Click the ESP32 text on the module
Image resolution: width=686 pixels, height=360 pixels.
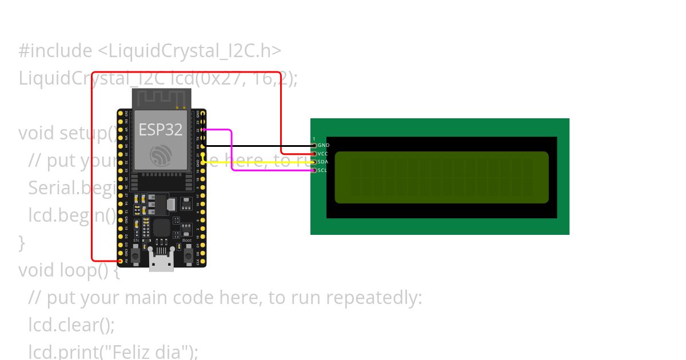tap(161, 130)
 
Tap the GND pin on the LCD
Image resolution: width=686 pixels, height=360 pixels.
tap(314, 146)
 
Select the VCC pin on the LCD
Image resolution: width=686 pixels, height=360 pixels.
tap(314, 154)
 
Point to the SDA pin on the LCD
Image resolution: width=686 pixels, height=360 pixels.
tap(314, 162)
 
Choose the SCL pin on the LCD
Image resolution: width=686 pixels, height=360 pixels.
tap(314, 170)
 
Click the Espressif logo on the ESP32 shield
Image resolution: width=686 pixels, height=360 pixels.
tap(161, 155)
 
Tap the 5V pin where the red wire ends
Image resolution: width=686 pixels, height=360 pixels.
tap(121, 261)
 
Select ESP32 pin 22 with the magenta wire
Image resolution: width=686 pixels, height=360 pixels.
tap(203, 130)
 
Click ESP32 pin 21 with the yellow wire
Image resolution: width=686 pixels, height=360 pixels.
tap(203, 154)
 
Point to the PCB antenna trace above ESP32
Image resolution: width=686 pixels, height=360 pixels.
tap(161, 98)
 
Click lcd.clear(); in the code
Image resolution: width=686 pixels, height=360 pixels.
tap(71, 325)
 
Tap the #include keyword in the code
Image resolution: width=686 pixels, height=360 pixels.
tap(55, 51)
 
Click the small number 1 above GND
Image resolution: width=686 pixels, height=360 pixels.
tap(314, 139)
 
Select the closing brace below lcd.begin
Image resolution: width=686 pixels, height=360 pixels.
tap(22, 243)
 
